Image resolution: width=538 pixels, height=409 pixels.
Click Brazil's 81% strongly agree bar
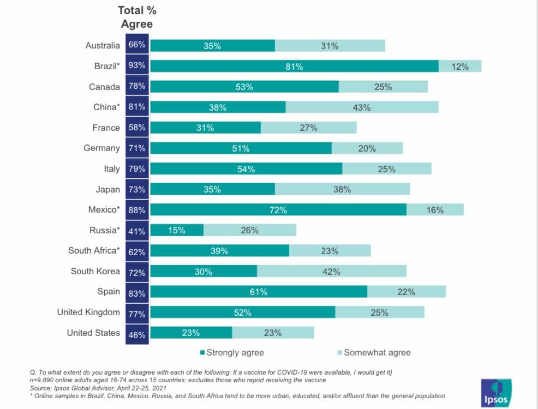(x=294, y=66)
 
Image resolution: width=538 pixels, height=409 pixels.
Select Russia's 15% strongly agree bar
(x=177, y=230)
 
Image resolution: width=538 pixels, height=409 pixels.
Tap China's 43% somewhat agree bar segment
(x=362, y=107)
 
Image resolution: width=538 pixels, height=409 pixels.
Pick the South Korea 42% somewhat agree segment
(x=331, y=272)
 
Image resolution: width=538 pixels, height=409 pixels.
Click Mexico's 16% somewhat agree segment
(x=435, y=209)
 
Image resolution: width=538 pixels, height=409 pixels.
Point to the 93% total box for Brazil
(x=137, y=66)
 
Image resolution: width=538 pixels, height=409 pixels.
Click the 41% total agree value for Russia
(x=137, y=231)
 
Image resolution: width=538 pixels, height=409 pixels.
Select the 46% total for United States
(x=137, y=333)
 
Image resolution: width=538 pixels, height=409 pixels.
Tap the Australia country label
(x=103, y=45)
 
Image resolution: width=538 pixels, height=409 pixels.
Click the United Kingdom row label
(x=88, y=312)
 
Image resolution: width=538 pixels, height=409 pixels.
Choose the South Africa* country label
(x=94, y=250)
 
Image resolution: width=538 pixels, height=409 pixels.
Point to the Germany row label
(x=101, y=148)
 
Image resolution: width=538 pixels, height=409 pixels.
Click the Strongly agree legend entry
(x=232, y=352)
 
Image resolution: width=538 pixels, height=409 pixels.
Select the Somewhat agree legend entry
(x=373, y=352)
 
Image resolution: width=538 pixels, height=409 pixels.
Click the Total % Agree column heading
(x=136, y=17)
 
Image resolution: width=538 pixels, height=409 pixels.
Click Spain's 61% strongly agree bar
(x=259, y=292)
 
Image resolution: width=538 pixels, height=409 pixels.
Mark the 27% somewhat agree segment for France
(x=308, y=128)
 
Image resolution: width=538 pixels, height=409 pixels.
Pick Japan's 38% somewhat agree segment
(x=342, y=189)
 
